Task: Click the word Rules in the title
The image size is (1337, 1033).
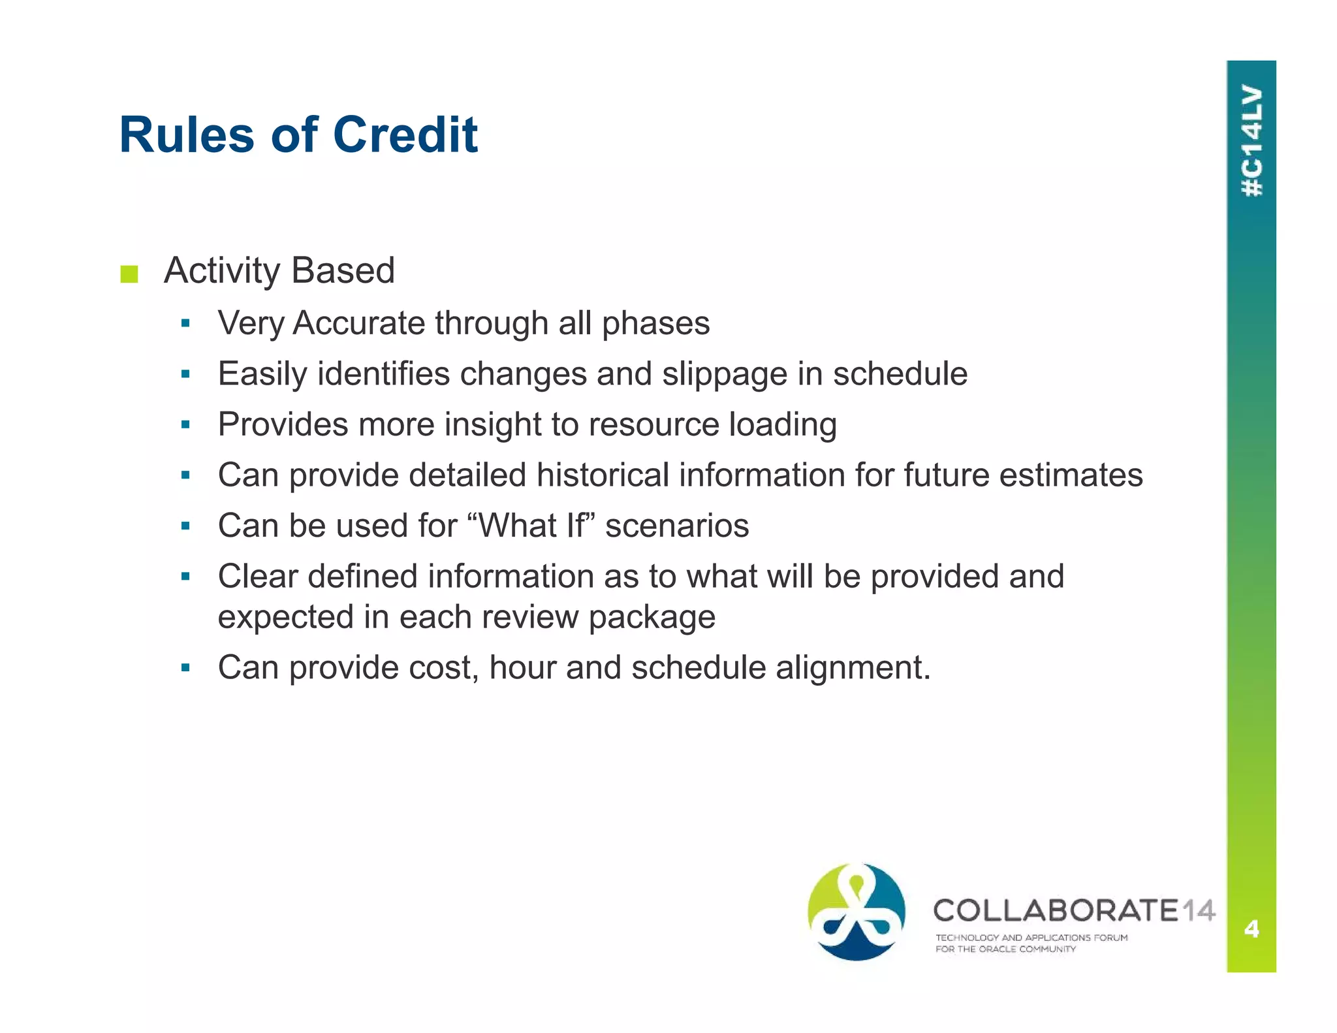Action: (x=187, y=135)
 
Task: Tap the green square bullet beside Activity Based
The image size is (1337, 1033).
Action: (x=129, y=274)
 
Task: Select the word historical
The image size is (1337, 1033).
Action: (x=602, y=475)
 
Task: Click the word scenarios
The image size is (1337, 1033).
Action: (x=677, y=526)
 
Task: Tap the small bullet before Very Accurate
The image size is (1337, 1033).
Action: (x=185, y=323)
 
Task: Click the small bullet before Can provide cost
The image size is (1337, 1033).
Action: (x=185, y=668)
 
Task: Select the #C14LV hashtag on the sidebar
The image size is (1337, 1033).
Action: (x=1251, y=140)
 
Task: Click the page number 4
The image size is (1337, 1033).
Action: (x=1251, y=928)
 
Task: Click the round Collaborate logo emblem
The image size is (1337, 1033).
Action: (x=856, y=912)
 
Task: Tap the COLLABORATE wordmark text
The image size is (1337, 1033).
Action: (x=1055, y=910)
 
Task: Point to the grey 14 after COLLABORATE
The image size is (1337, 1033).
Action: (x=1199, y=910)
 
